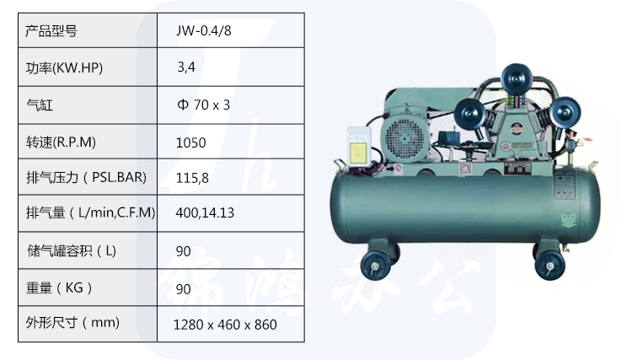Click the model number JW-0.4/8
tap(204, 30)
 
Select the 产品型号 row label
tap(51, 30)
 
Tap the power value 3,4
tap(186, 67)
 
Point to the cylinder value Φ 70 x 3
tap(204, 105)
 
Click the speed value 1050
tap(190, 142)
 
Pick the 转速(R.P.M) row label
tap(61, 142)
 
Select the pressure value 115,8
tap(192, 178)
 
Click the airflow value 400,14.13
tap(205, 212)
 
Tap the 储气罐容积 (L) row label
tap(72, 250)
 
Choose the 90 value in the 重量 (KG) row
tap(184, 289)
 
